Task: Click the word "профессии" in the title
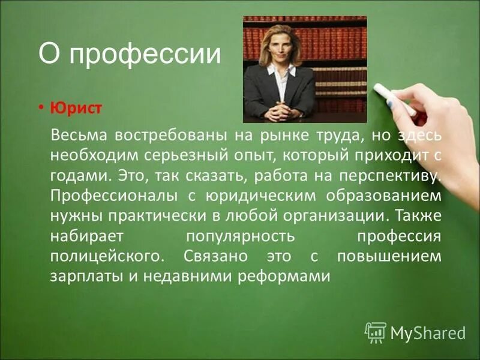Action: click(x=146, y=55)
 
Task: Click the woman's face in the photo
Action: click(x=280, y=44)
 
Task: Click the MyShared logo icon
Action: click(x=376, y=332)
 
